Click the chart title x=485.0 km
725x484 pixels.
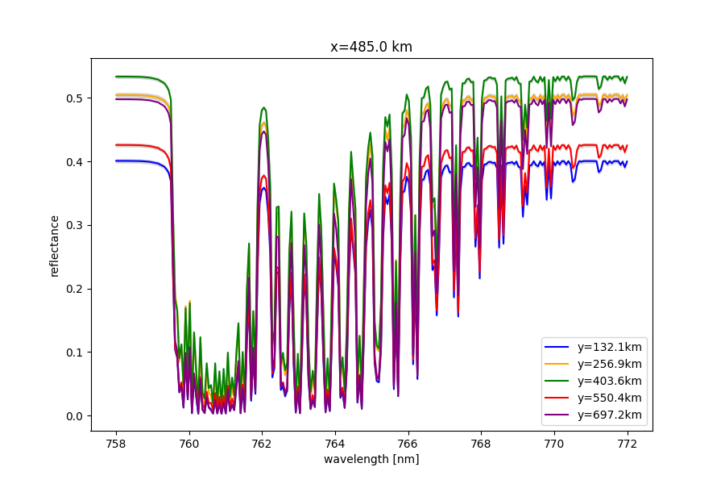(371, 47)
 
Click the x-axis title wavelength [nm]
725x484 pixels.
(371, 459)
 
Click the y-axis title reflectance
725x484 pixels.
(55, 245)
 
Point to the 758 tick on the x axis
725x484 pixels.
(116, 442)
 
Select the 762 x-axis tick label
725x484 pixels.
(262, 442)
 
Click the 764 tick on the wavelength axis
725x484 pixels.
(335, 442)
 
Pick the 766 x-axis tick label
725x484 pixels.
(408, 442)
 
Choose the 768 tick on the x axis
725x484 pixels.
(481, 442)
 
